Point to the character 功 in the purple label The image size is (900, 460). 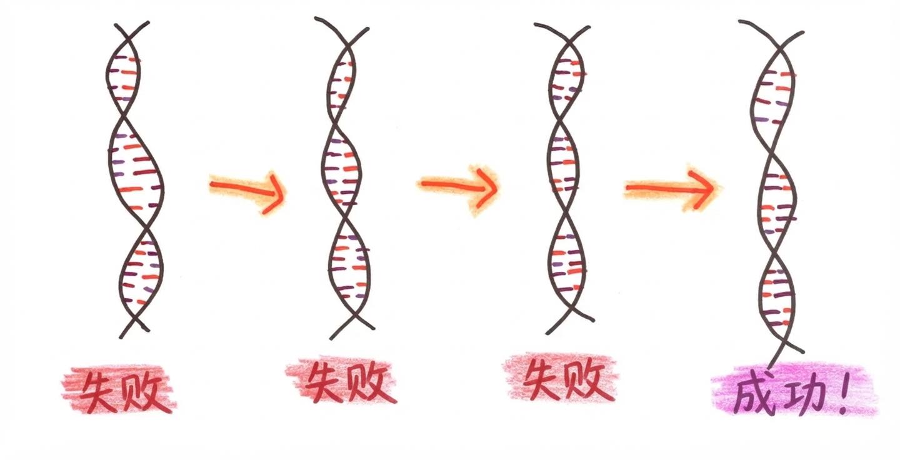(800, 394)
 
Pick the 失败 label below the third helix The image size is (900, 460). (559, 379)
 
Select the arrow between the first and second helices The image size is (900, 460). (247, 187)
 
